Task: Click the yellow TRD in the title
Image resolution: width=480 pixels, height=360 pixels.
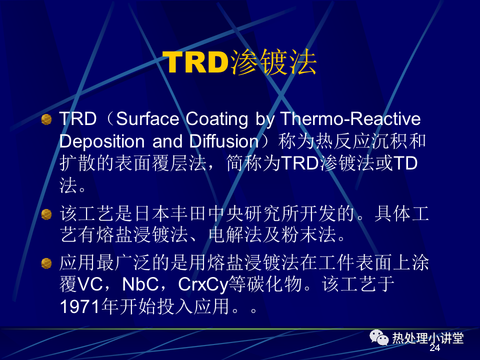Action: click(195, 62)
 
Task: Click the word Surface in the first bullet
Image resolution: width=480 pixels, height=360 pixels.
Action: click(147, 119)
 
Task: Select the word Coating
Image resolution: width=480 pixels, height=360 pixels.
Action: click(216, 119)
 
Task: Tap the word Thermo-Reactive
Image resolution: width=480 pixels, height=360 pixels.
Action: click(350, 119)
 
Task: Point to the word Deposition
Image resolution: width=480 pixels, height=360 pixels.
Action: click(102, 141)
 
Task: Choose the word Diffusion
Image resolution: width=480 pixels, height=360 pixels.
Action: click(224, 141)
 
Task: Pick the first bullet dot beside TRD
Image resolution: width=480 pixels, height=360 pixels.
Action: click(46, 119)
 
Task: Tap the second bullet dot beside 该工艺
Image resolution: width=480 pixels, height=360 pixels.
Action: click(46, 214)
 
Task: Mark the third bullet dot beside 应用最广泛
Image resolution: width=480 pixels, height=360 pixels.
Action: click(46, 263)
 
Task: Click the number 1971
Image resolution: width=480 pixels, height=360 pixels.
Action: click(80, 306)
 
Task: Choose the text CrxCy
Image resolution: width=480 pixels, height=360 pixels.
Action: click(203, 285)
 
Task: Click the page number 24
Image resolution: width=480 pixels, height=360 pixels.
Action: click(434, 347)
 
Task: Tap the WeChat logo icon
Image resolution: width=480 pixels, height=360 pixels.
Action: click(379, 337)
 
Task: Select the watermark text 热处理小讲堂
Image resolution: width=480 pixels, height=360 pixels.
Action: click(428, 338)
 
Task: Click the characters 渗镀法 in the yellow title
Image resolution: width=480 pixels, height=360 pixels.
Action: click(273, 62)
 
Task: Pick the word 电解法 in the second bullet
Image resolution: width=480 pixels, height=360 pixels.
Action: click(235, 235)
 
